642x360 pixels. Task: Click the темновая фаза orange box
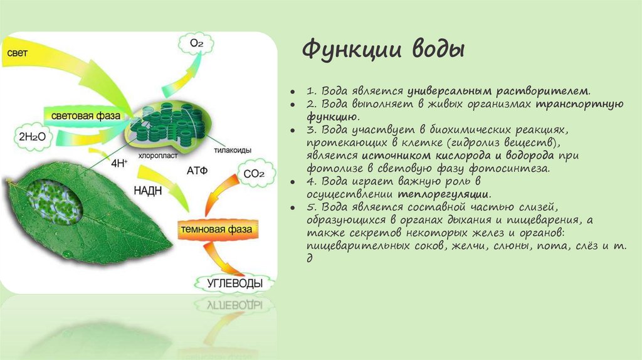216,229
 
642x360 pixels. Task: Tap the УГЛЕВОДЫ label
235,283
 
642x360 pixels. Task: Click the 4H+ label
119,163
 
